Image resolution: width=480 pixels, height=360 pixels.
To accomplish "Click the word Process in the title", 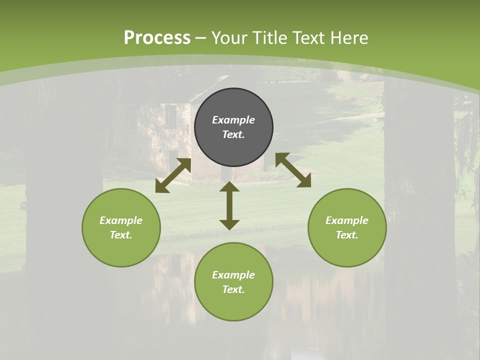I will [x=157, y=38].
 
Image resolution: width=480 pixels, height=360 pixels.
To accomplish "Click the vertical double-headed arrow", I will [x=229, y=205].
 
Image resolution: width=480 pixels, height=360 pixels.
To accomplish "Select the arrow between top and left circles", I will [x=173, y=175].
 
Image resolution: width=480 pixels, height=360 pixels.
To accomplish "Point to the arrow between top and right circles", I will [x=293, y=170].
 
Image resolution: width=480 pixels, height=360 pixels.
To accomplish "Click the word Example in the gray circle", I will [x=233, y=120].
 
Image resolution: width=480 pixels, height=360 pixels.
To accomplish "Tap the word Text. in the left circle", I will [x=121, y=235].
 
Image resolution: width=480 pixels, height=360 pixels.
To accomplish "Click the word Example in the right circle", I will [x=347, y=220].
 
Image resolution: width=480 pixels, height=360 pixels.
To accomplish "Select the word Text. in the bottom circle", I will [x=233, y=289].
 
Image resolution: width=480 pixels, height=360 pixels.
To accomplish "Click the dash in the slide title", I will [x=201, y=38].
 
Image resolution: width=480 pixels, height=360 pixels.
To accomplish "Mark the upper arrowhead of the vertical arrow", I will [x=229, y=187].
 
